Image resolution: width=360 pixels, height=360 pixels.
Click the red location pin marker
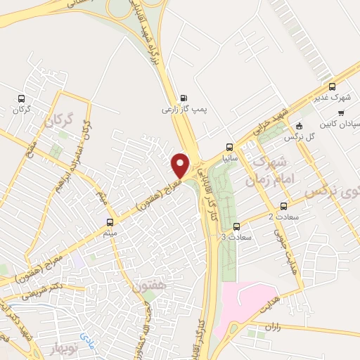(181, 165)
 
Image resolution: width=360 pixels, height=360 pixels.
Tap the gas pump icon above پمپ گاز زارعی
(184, 98)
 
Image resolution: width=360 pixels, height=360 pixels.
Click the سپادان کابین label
(340, 124)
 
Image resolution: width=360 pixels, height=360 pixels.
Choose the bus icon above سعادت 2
(283, 206)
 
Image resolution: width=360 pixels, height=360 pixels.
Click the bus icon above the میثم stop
(108, 218)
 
